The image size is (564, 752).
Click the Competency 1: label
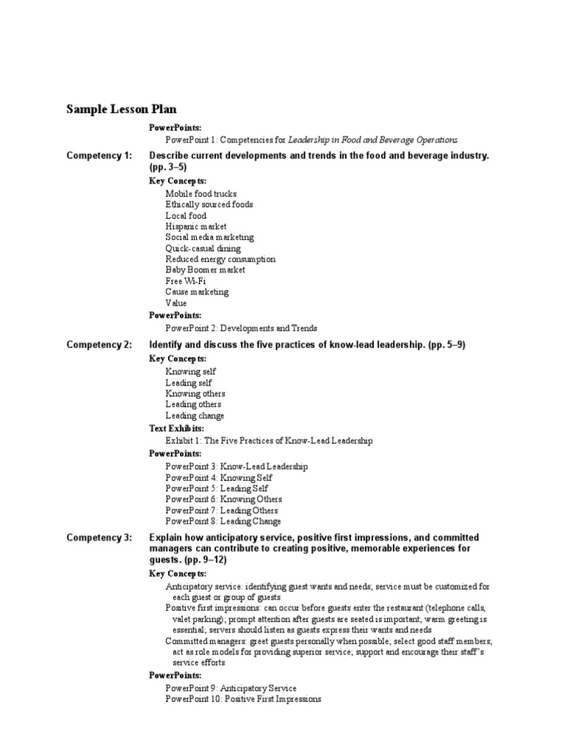point(99,156)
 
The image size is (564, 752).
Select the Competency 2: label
point(99,344)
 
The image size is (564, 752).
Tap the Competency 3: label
point(99,538)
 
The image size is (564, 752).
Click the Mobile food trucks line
point(201,194)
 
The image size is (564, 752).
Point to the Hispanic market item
point(196,227)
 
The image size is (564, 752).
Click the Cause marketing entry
point(197,292)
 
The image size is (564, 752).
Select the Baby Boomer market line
point(206,270)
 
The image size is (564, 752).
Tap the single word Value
point(176,303)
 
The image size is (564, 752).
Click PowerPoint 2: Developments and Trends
point(242,328)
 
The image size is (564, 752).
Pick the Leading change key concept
point(195,416)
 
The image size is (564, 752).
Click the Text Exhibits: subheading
point(176,428)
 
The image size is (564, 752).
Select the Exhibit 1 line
point(269,441)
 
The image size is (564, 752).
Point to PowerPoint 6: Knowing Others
point(223,499)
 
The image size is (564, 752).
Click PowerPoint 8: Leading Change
point(223,521)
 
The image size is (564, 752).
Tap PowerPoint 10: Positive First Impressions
point(243,699)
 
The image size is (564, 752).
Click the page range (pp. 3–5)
point(168,167)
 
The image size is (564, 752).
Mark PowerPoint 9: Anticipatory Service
point(231,688)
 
